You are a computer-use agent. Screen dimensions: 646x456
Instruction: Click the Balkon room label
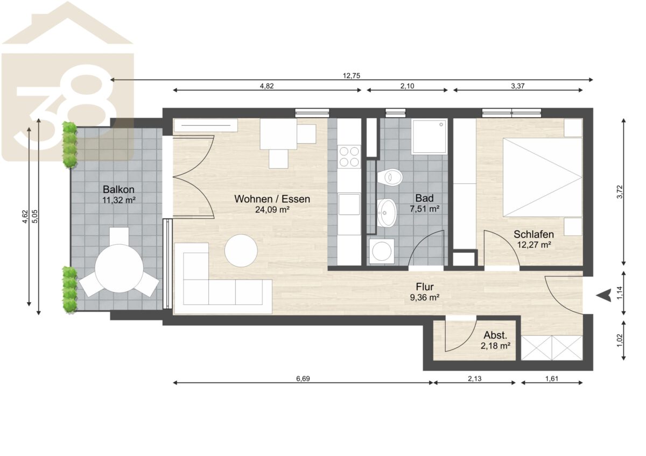pos(118,189)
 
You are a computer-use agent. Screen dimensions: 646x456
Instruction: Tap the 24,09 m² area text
pos(272,210)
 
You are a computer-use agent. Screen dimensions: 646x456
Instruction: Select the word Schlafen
pos(533,234)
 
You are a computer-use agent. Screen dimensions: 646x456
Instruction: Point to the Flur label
pos(425,287)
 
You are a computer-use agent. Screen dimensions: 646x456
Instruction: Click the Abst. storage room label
pos(495,336)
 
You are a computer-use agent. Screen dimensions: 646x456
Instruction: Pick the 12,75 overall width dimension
pos(351,76)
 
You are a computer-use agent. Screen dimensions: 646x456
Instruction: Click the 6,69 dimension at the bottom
pos(303,379)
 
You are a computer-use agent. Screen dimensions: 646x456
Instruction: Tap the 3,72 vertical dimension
pos(620,192)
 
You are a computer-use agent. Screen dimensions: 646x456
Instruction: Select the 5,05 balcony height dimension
pos(35,216)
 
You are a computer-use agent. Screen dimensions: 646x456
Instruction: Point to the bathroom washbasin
pos(387,213)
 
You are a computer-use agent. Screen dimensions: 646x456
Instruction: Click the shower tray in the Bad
pos(430,137)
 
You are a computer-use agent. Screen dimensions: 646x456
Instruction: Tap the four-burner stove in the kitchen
pos(349,156)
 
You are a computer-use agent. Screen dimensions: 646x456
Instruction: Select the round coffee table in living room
pos(241,251)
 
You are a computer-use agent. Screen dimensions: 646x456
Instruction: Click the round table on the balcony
pos(119,268)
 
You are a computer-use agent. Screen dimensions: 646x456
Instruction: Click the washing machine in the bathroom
pos(382,251)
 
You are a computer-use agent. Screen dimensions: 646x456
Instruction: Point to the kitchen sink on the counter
pos(349,204)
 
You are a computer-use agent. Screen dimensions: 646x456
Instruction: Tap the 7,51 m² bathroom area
pos(425,209)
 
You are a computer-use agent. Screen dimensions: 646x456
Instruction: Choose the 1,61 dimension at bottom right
pos(552,379)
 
